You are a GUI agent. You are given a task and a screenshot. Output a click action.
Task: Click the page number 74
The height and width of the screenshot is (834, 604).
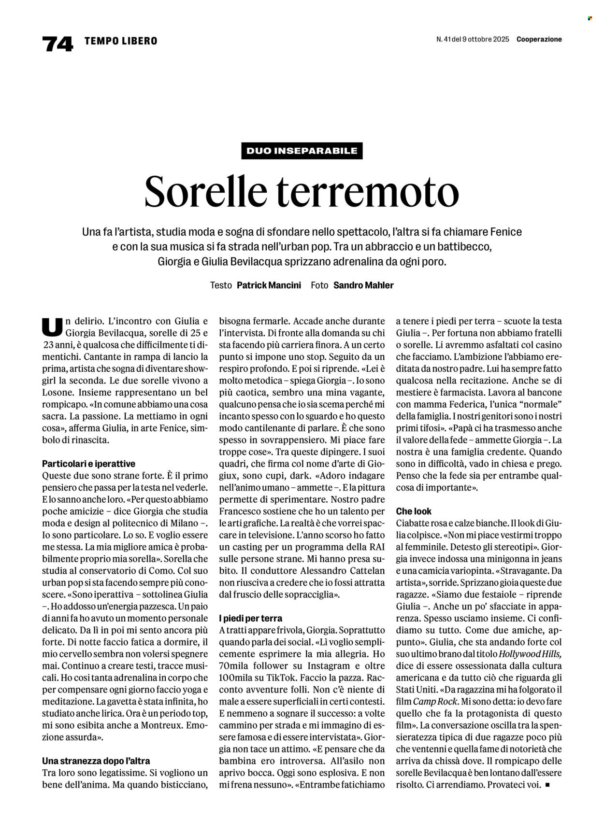tap(58, 43)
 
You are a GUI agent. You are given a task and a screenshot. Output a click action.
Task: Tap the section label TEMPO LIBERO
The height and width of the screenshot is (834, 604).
tap(121, 41)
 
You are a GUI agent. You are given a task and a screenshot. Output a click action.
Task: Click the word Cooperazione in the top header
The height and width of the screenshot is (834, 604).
tap(539, 40)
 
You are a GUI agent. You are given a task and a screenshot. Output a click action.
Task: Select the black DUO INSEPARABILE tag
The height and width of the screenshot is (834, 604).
tap(302, 151)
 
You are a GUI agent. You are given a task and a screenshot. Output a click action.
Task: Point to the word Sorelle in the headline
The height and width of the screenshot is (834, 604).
tap(206, 192)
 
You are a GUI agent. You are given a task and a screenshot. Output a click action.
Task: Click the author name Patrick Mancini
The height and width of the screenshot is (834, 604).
tap(269, 285)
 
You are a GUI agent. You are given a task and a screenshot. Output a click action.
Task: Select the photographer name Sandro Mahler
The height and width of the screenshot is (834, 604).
tap(363, 285)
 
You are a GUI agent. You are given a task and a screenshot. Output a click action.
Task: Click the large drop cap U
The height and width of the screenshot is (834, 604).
tap(52, 327)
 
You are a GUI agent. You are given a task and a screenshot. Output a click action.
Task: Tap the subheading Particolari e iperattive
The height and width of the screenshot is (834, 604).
tap(88, 464)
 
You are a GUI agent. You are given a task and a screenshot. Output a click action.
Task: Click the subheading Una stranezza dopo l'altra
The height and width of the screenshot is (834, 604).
tap(96, 761)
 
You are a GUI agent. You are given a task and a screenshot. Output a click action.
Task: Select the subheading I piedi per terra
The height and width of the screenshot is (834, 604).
tap(250, 618)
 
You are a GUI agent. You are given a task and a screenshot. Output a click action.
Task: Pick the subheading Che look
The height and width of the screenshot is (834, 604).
tap(414, 511)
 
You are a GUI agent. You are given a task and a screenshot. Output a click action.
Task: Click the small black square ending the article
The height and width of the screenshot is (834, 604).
tap(547, 785)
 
